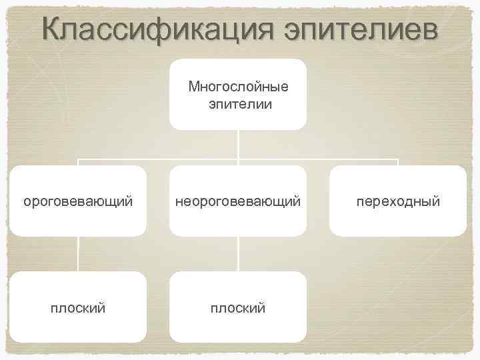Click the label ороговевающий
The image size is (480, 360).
click(78, 201)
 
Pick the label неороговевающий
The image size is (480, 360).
click(238, 201)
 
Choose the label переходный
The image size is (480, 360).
click(398, 201)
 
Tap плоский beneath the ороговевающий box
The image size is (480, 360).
click(78, 307)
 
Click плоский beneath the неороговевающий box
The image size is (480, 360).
click(238, 307)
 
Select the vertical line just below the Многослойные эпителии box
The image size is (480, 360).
click(239, 143)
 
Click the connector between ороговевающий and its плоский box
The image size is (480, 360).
click(79, 253)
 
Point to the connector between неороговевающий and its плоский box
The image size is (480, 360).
click(239, 253)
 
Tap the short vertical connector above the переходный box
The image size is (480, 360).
click(398, 163)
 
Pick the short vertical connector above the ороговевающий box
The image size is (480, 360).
click(79, 163)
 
